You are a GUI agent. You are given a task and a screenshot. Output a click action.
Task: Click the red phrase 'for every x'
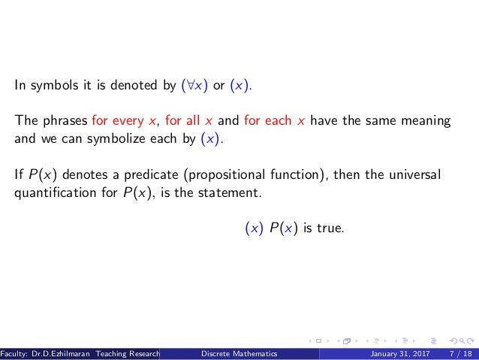tap(118, 122)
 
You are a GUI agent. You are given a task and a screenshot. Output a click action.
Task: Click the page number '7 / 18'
tap(459, 352)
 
